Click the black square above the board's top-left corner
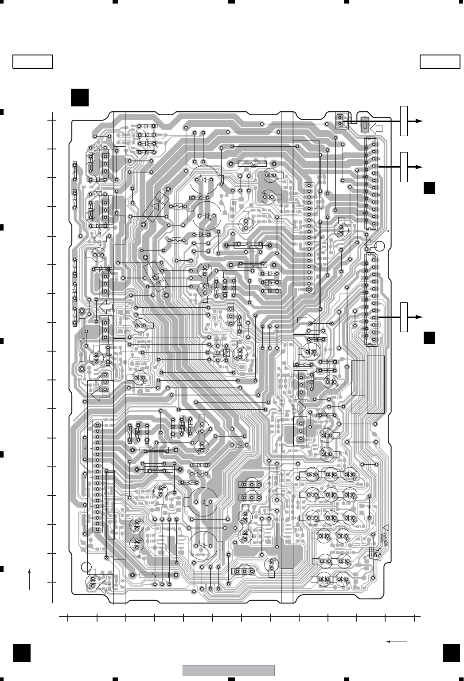(79, 98)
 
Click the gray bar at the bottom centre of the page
(229, 670)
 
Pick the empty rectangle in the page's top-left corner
(33, 62)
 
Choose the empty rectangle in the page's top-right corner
(440, 62)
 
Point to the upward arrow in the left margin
(30, 578)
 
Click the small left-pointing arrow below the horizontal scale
(396, 642)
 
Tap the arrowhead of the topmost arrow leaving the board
(418, 121)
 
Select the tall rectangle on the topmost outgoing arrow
(404, 121)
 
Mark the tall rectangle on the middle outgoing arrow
(404, 167)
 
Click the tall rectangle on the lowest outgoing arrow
(404, 317)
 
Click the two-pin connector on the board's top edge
(340, 119)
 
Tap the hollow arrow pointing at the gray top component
(377, 129)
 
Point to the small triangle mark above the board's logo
(385, 528)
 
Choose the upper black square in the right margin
(429, 188)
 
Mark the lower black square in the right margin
(429, 338)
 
